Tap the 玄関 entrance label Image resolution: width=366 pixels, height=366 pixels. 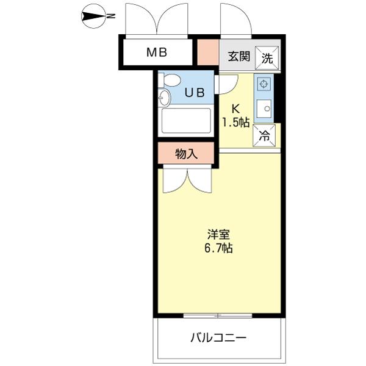[x=239, y=57]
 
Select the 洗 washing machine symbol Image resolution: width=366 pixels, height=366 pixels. [x=268, y=58]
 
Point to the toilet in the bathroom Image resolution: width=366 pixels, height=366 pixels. [x=170, y=80]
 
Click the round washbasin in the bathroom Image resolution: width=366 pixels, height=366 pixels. [x=164, y=98]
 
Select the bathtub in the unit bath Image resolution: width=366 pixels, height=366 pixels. [x=185, y=121]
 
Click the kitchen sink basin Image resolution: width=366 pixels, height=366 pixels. [x=264, y=109]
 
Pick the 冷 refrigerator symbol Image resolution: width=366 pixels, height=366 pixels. [x=264, y=136]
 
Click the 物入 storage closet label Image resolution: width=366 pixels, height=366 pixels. [x=186, y=154]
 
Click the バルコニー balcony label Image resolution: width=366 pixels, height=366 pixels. [x=218, y=337]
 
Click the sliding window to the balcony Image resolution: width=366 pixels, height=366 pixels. [x=218, y=315]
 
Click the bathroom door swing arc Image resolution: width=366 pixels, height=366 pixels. [x=227, y=84]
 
